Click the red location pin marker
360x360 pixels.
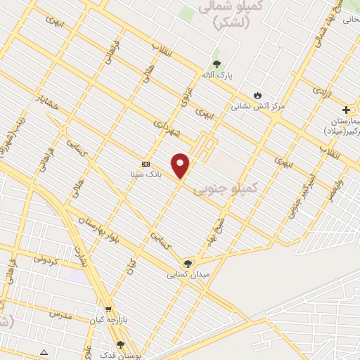pos(181,165)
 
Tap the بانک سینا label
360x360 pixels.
pos(146,173)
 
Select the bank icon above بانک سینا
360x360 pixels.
pos(146,162)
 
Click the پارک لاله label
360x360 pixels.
pos(219,74)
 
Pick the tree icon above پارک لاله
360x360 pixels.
pos(216,63)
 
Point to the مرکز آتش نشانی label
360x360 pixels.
pos(259,106)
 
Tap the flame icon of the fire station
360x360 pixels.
pos(257,96)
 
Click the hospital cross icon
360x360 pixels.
pos(346,110)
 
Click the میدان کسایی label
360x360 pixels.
pos(186,274)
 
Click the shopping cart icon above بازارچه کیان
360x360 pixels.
pos(108,309)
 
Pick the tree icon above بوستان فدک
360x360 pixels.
pos(120,345)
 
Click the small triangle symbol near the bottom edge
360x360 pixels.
pos(44,352)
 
